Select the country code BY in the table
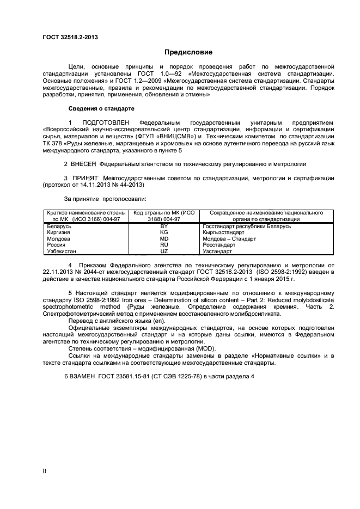point(163,225)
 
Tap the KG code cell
point(163,232)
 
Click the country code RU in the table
point(163,245)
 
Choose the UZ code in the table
point(163,252)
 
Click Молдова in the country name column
point(59,238)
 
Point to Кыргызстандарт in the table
point(223,232)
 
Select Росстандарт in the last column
point(218,245)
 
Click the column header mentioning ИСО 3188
point(163,216)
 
